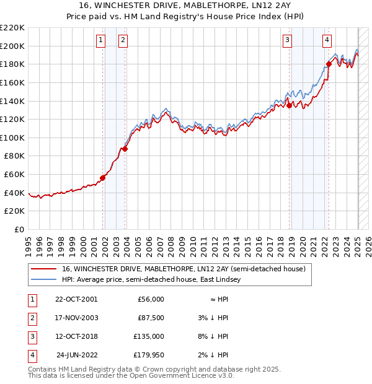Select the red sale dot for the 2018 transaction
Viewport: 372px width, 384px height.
coord(290,105)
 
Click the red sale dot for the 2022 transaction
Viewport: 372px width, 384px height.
coord(329,64)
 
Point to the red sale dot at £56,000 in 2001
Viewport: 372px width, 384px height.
coord(102,178)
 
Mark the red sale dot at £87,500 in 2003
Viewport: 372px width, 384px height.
coord(125,149)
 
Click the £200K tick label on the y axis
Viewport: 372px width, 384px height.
coord(12,46)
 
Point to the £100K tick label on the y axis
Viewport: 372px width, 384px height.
coord(12,137)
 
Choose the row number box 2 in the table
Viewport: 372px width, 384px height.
coord(32,318)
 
